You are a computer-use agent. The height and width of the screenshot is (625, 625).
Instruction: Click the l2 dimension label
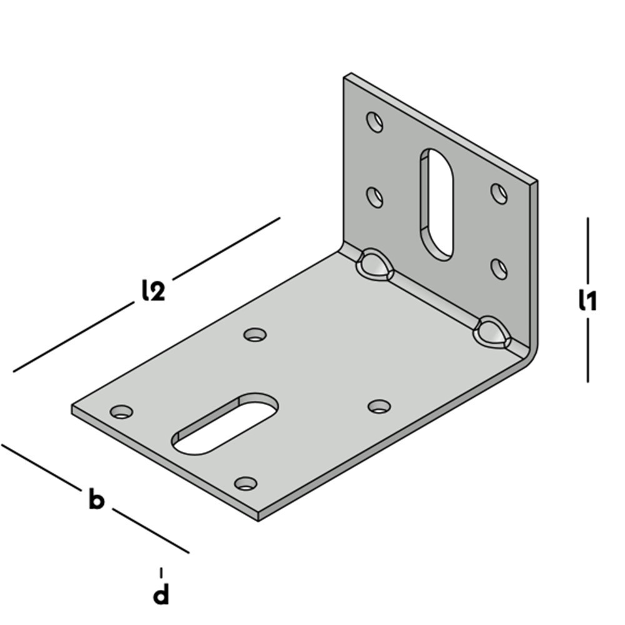(154, 290)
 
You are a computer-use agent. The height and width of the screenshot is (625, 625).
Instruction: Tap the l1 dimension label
(588, 300)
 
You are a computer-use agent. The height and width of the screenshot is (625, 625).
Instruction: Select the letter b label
(96, 498)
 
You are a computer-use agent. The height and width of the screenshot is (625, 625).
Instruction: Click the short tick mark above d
(161, 572)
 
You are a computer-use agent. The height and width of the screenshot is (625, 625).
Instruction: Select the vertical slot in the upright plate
(436, 205)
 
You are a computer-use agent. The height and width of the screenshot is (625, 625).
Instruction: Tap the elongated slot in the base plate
(225, 423)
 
